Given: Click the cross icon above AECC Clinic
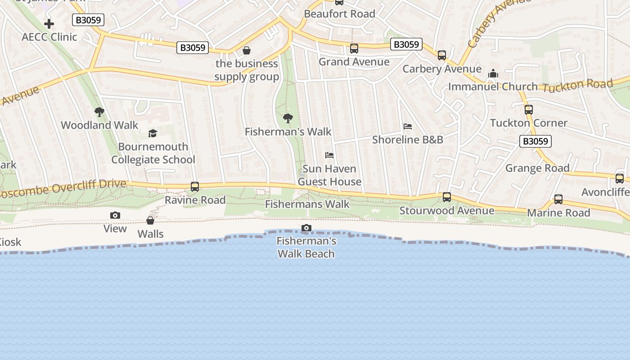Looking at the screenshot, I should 49,23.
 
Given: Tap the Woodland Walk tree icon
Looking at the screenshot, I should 99,112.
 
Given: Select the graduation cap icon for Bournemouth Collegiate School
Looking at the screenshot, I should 153,133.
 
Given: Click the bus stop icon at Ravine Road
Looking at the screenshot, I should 195,186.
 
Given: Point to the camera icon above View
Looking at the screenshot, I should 115,216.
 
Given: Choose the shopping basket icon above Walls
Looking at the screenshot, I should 150,220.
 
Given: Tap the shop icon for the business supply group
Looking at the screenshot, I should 246,50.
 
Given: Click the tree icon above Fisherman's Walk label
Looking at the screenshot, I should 288,118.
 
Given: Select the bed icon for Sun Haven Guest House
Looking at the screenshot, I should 329,155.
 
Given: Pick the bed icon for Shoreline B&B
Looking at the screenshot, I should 408,126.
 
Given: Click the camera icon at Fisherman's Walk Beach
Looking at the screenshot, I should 306,228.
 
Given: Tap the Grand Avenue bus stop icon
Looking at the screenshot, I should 354,49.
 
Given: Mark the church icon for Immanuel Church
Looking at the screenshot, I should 493,73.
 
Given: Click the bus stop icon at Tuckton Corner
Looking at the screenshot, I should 529,109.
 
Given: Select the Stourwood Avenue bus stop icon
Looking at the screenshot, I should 447,197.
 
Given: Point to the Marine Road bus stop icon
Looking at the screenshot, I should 558,199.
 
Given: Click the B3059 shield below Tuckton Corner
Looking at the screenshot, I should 535,141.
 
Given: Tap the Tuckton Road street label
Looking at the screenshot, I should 577,85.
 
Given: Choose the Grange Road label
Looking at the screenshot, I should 537,168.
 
